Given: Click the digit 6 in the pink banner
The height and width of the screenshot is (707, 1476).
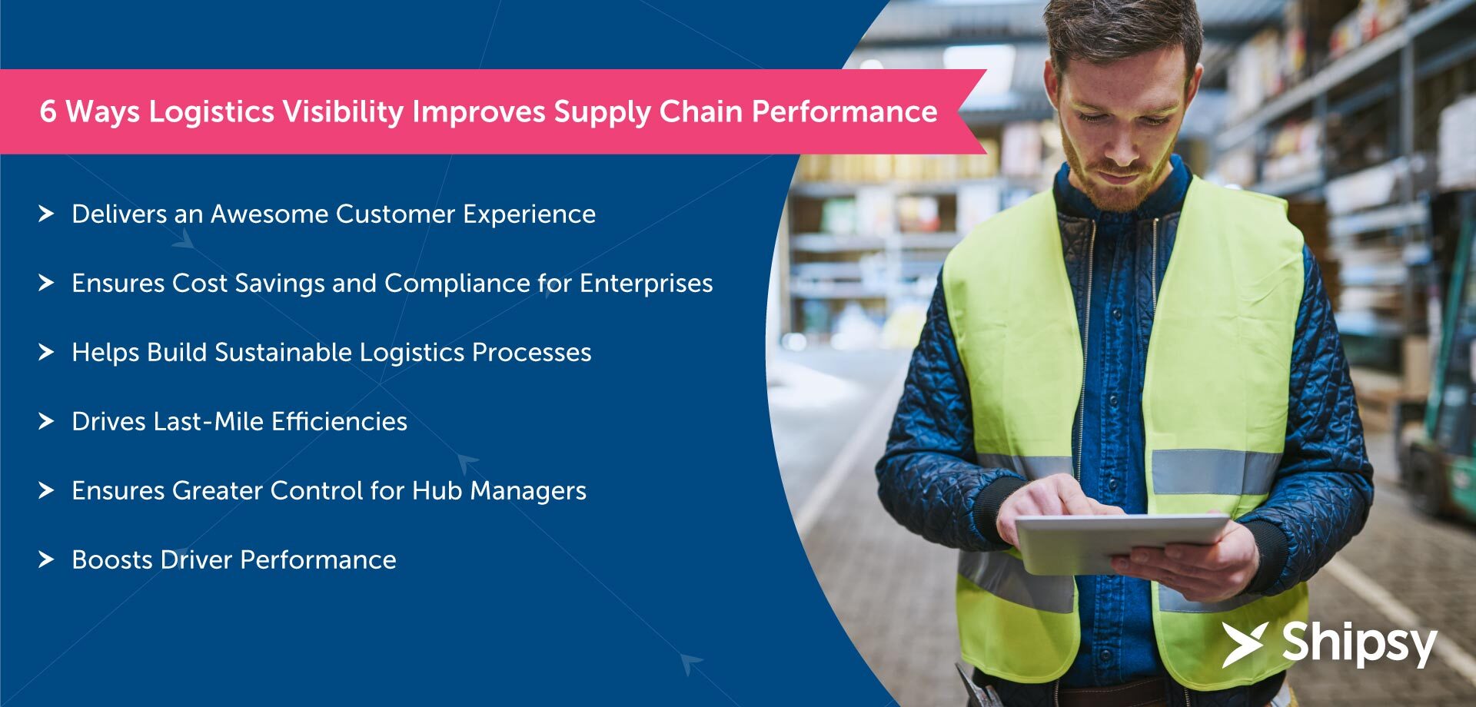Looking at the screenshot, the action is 48,112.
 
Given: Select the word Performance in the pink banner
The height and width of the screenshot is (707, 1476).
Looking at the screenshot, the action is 844,112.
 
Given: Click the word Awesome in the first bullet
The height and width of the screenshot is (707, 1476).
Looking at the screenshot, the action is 269,214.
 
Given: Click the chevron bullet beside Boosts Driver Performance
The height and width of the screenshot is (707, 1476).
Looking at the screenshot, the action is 46,559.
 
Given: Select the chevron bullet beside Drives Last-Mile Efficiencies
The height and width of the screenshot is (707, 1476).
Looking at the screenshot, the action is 46,421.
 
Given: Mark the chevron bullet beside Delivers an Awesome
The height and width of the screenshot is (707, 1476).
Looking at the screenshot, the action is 46,214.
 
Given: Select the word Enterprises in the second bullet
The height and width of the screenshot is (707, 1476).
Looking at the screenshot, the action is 646,284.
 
